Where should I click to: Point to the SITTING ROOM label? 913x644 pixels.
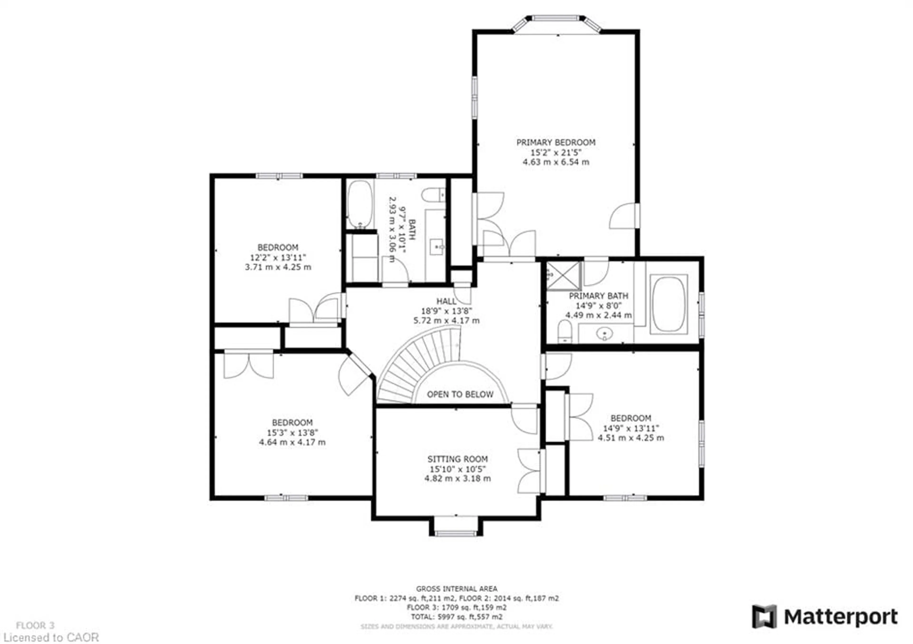pyautogui.click(x=457, y=459)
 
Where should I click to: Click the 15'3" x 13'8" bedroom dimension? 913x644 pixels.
pyautogui.click(x=292, y=432)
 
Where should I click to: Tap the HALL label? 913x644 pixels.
pyautogui.click(x=446, y=301)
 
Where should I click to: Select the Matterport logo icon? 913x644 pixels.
pyautogui.click(x=764, y=617)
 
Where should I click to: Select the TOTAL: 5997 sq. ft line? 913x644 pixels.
pyautogui.click(x=456, y=617)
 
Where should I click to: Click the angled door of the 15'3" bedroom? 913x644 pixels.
pyautogui.click(x=354, y=373)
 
